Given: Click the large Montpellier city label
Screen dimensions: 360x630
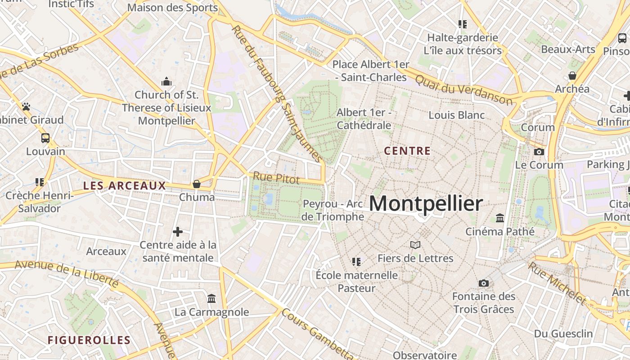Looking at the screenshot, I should tap(426, 204).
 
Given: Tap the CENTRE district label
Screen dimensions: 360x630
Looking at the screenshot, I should tap(407, 151).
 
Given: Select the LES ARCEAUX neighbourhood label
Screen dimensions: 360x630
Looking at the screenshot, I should tap(125, 185).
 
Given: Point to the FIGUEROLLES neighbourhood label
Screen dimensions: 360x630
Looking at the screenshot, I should tap(89, 340).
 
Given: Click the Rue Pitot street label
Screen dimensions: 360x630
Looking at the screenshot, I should tap(276, 178).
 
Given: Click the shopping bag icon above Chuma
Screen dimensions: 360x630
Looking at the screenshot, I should tap(197, 184).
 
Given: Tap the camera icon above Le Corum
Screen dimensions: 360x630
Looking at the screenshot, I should tap(539, 152).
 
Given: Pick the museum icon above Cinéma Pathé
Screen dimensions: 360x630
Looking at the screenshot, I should tap(499, 218).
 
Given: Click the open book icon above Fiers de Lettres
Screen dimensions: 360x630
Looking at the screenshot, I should tap(415, 245).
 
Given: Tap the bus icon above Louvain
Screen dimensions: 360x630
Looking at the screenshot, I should tap(45, 138).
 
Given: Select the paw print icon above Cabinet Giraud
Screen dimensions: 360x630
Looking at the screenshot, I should tap(26, 107).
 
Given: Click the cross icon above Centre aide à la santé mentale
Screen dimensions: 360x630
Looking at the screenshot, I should tap(178, 232).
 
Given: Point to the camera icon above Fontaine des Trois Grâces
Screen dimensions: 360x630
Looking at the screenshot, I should tap(483, 283).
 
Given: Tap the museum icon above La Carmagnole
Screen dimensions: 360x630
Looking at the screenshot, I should tap(211, 298).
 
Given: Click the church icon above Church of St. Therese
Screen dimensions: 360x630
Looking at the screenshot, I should tap(166, 81).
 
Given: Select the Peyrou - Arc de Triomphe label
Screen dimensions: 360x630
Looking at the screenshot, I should tap(333, 210).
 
